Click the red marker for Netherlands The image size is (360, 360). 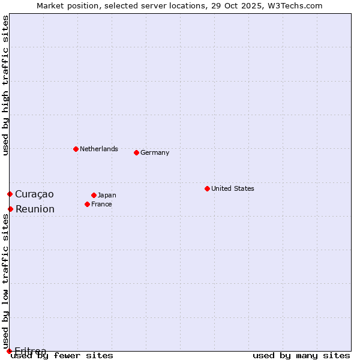click(x=76, y=149)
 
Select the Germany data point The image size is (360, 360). click(x=136, y=152)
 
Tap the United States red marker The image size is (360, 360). click(x=207, y=188)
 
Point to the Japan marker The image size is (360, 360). click(x=94, y=195)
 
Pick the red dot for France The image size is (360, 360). click(x=87, y=204)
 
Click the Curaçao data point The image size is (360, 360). click(x=10, y=194)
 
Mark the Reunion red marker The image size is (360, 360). click(x=10, y=209)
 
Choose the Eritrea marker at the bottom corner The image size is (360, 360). click(x=9, y=351)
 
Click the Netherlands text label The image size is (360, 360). click(x=99, y=149)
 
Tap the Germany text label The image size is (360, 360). click(x=155, y=152)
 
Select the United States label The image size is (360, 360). click(x=233, y=188)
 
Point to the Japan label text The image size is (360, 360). click(x=107, y=195)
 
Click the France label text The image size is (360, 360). click(x=101, y=204)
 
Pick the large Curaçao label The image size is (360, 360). click(x=34, y=194)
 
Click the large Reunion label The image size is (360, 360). click(x=35, y=209)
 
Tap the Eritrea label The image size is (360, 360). click(x=30, y=350)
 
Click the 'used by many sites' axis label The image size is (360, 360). click(x=301, y=355)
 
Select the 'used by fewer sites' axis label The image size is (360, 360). click(x=62, y=355)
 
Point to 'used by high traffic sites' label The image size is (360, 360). click(x=5, y=85)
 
